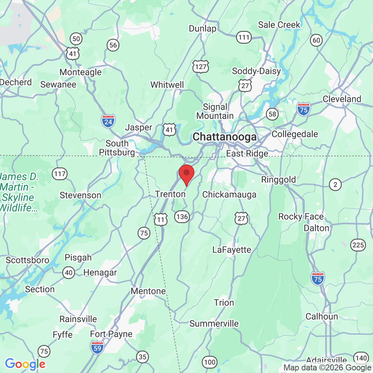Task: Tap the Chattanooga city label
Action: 225,137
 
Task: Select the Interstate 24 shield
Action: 108,121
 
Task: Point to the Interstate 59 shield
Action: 97,347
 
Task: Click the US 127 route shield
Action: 201,66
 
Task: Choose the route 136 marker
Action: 182,217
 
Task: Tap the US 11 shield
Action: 161,219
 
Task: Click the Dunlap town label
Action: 203,29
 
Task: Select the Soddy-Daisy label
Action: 256,71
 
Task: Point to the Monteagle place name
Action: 81,72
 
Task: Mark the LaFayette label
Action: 232,250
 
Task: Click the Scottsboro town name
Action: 27,260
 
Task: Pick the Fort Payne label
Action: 111,334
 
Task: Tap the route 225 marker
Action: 358,245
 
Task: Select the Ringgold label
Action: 278,179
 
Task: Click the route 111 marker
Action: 244,37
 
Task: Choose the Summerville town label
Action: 214,323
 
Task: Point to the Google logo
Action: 25,364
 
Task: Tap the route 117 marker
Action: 60,173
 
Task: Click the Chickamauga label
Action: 229,194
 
